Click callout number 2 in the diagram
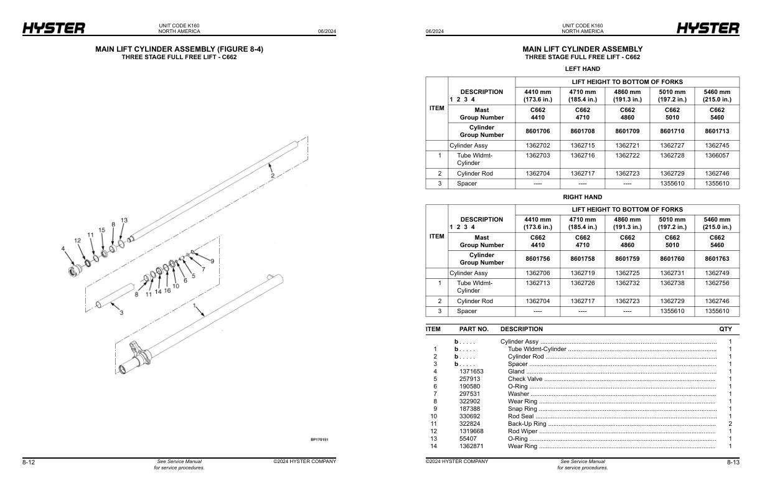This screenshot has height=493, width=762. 272,176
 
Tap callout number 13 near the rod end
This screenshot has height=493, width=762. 124,220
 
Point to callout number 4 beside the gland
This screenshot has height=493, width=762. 63,249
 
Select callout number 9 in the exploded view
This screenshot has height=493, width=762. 212,260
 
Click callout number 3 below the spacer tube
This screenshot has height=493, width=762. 121,312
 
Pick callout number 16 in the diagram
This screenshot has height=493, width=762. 167,291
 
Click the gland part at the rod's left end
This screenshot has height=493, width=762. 76,271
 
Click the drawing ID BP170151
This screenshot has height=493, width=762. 319,439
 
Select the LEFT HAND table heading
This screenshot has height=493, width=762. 582,68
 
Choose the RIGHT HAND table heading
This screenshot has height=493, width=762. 582,197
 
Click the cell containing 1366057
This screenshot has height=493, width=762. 717,155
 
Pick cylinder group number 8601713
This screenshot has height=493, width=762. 717,131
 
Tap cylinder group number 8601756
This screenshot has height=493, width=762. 538,259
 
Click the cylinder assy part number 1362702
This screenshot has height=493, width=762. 538,146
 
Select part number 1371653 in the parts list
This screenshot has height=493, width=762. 471,371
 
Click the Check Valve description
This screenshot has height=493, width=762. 525,378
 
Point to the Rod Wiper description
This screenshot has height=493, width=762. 523,431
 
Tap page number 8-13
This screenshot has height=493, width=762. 733,462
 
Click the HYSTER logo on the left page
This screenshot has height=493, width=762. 54,28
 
